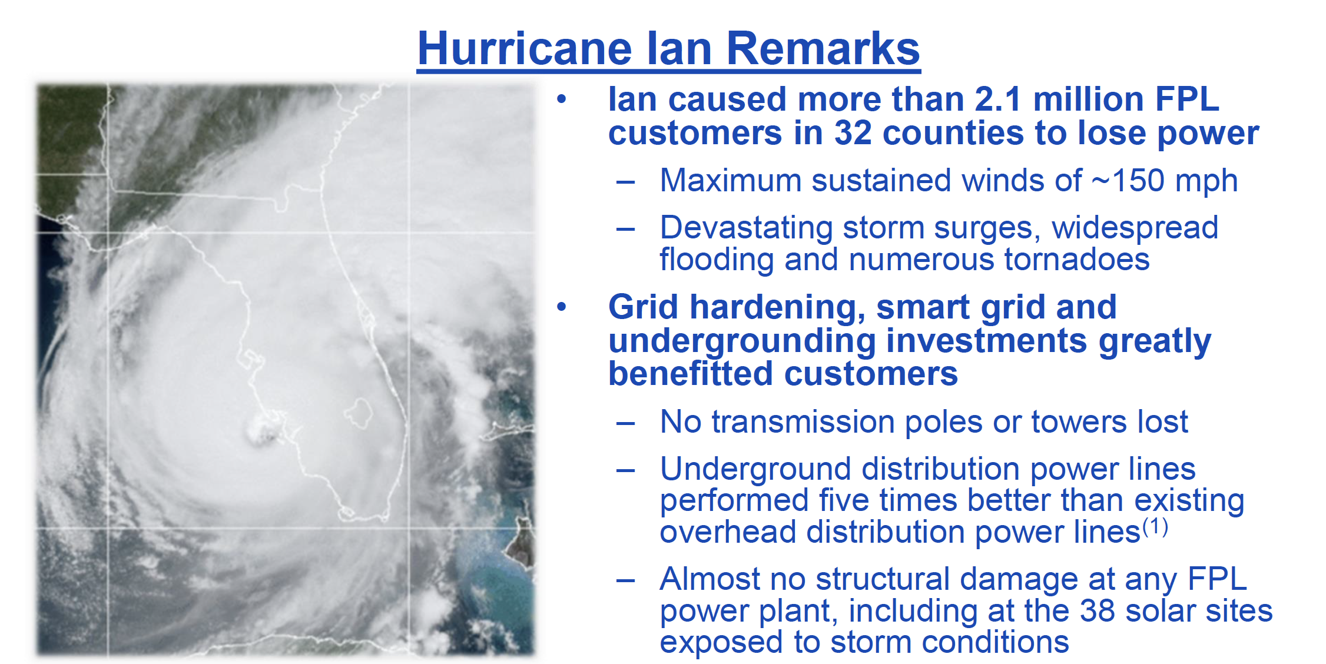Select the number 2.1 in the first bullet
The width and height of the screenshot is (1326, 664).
click(998, 99)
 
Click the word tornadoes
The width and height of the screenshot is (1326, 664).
click(1076, 259)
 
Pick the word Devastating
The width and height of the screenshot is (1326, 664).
click(746, 228)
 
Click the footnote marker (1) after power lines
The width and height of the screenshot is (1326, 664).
click(1155, 526)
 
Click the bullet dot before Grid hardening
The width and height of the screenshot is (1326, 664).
click(562, 307)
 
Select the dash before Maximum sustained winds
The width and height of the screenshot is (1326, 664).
click(625, 182)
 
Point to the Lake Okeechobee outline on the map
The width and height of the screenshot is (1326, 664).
click(359, 413)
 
